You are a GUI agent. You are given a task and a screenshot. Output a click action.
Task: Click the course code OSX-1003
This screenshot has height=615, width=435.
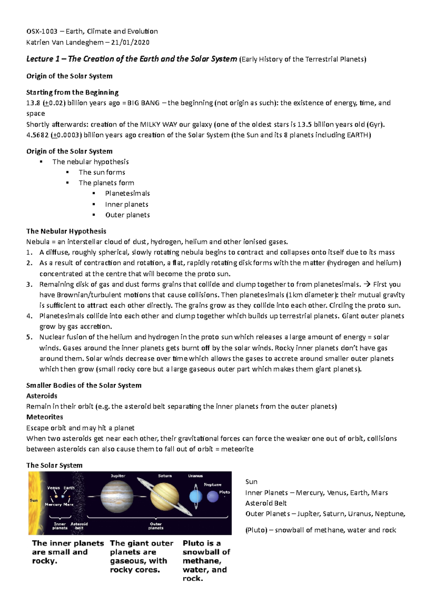42,32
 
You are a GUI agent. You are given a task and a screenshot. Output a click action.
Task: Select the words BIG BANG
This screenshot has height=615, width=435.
144,103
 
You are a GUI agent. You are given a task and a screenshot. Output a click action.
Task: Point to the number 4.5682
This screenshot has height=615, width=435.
37,135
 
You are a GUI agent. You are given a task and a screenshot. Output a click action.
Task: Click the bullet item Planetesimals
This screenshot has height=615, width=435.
127,193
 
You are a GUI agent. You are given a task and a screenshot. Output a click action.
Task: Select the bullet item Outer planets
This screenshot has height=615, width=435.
127,215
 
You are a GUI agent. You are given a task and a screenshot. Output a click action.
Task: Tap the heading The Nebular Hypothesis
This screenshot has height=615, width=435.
66,231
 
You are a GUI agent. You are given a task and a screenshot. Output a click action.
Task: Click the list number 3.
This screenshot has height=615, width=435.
29,284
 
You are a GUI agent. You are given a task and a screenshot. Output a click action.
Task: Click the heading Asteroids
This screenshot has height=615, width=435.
42,396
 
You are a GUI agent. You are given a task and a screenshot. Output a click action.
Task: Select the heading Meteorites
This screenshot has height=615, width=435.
45,417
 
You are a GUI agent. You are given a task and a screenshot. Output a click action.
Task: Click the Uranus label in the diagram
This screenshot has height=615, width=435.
195,476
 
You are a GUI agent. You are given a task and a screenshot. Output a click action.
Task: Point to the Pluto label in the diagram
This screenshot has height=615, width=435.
224,492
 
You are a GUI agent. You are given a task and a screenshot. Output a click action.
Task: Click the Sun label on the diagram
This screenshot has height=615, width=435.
34,500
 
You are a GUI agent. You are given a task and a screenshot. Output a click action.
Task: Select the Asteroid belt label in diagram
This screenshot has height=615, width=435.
79,526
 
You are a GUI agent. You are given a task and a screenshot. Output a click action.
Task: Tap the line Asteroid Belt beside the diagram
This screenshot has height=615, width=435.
266,503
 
